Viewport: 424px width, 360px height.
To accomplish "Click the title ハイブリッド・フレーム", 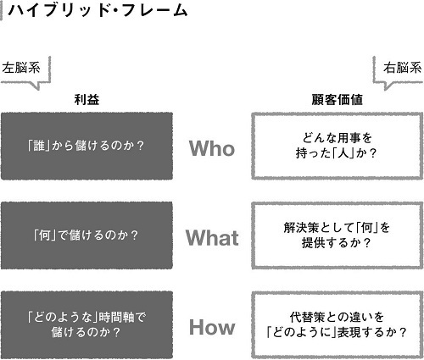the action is pos(98,11).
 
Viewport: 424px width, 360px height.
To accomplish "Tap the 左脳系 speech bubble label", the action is pos(21,68).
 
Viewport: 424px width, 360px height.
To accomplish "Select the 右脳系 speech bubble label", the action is pos(402,68).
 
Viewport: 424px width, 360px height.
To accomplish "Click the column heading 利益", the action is pos(86,100).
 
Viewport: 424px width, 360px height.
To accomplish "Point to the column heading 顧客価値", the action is pos(337,100).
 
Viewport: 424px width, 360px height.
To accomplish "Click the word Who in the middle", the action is pos(212,148).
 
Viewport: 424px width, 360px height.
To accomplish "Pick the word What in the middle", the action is pos(212,237).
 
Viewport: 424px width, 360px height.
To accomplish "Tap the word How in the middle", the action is pos(212,327).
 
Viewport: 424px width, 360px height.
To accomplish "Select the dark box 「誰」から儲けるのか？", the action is pos(86,146).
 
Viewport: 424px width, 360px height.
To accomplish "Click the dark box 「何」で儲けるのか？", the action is pos(86,235).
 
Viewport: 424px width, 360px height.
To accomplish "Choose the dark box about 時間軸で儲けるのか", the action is pos(86,324).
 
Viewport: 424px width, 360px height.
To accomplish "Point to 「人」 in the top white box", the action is pos(343,153).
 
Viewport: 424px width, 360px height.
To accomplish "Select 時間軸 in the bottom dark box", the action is pos(116,318).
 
